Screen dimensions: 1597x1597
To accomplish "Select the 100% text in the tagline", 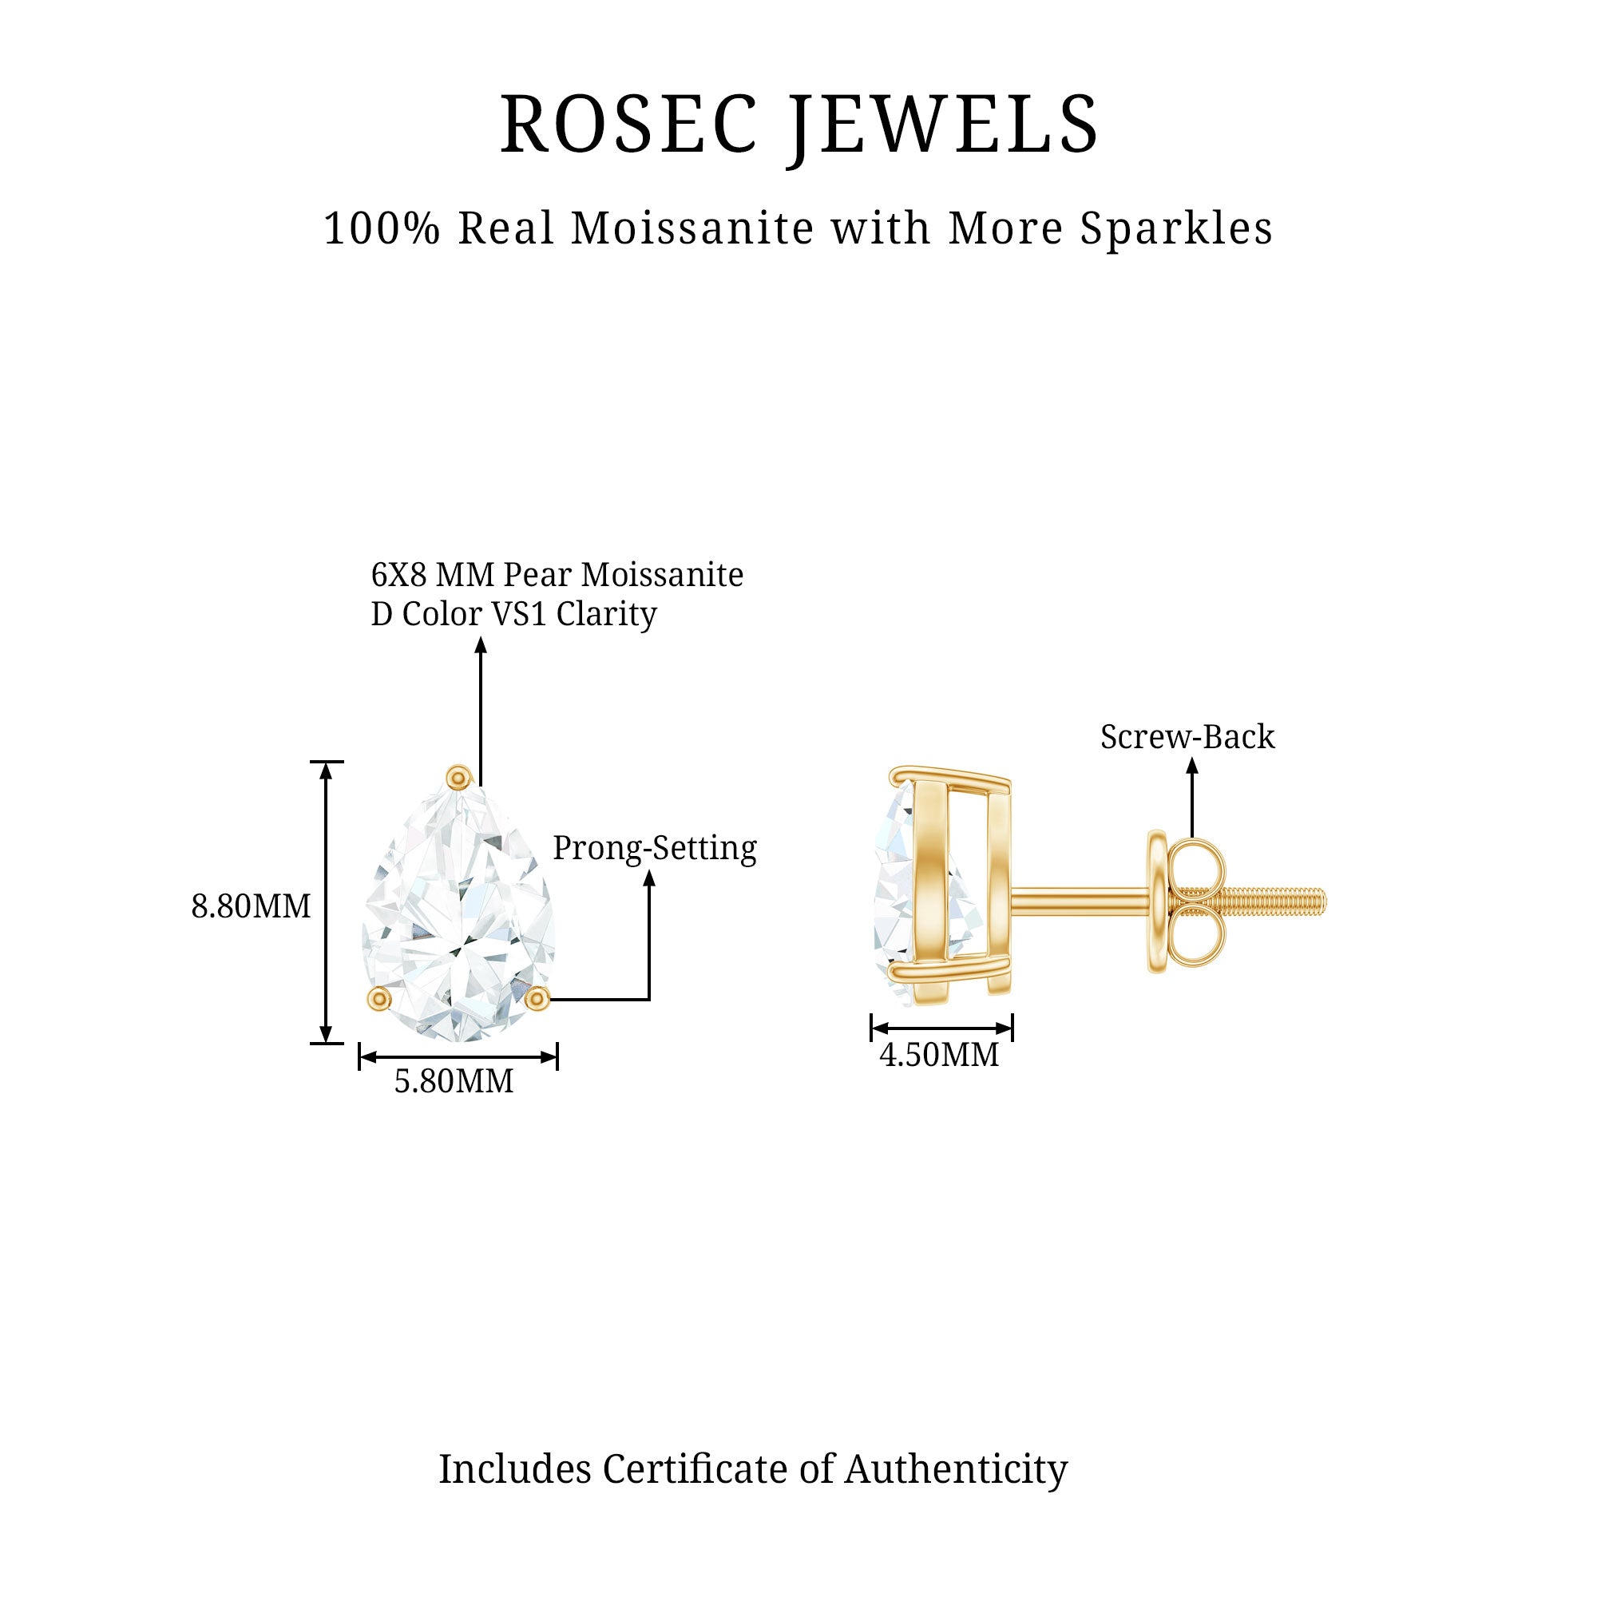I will [x=381, y=228].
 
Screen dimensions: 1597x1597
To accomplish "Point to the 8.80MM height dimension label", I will [x=251, y=907].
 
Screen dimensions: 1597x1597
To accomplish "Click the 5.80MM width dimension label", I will [x=454, y=1081].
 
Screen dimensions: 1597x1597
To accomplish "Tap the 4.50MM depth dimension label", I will [x=939, y=1055].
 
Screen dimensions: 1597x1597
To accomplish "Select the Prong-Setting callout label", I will [x=655, y=848].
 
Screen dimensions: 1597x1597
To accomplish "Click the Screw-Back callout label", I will [x=1187, y=736].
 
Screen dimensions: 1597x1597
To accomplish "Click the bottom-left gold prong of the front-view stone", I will [x=378, y=999].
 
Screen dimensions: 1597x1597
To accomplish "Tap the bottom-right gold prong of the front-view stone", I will [x=537, y=999].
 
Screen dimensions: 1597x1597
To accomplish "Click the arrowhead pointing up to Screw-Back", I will [x=1191, y=766].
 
